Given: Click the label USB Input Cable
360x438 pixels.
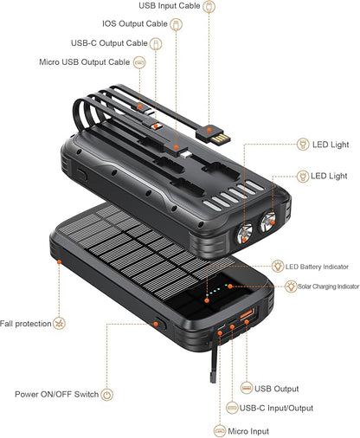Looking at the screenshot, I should pos(169,6).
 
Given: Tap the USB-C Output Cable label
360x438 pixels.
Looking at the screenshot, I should pos(109,42).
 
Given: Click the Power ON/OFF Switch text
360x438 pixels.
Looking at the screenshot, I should pos(55,394).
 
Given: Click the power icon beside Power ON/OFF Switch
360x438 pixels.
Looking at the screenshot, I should pos(107,394).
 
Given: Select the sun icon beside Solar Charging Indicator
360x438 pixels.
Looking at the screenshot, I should pos(291,286).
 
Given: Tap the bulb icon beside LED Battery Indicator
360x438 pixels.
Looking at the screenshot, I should pos(280,266).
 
